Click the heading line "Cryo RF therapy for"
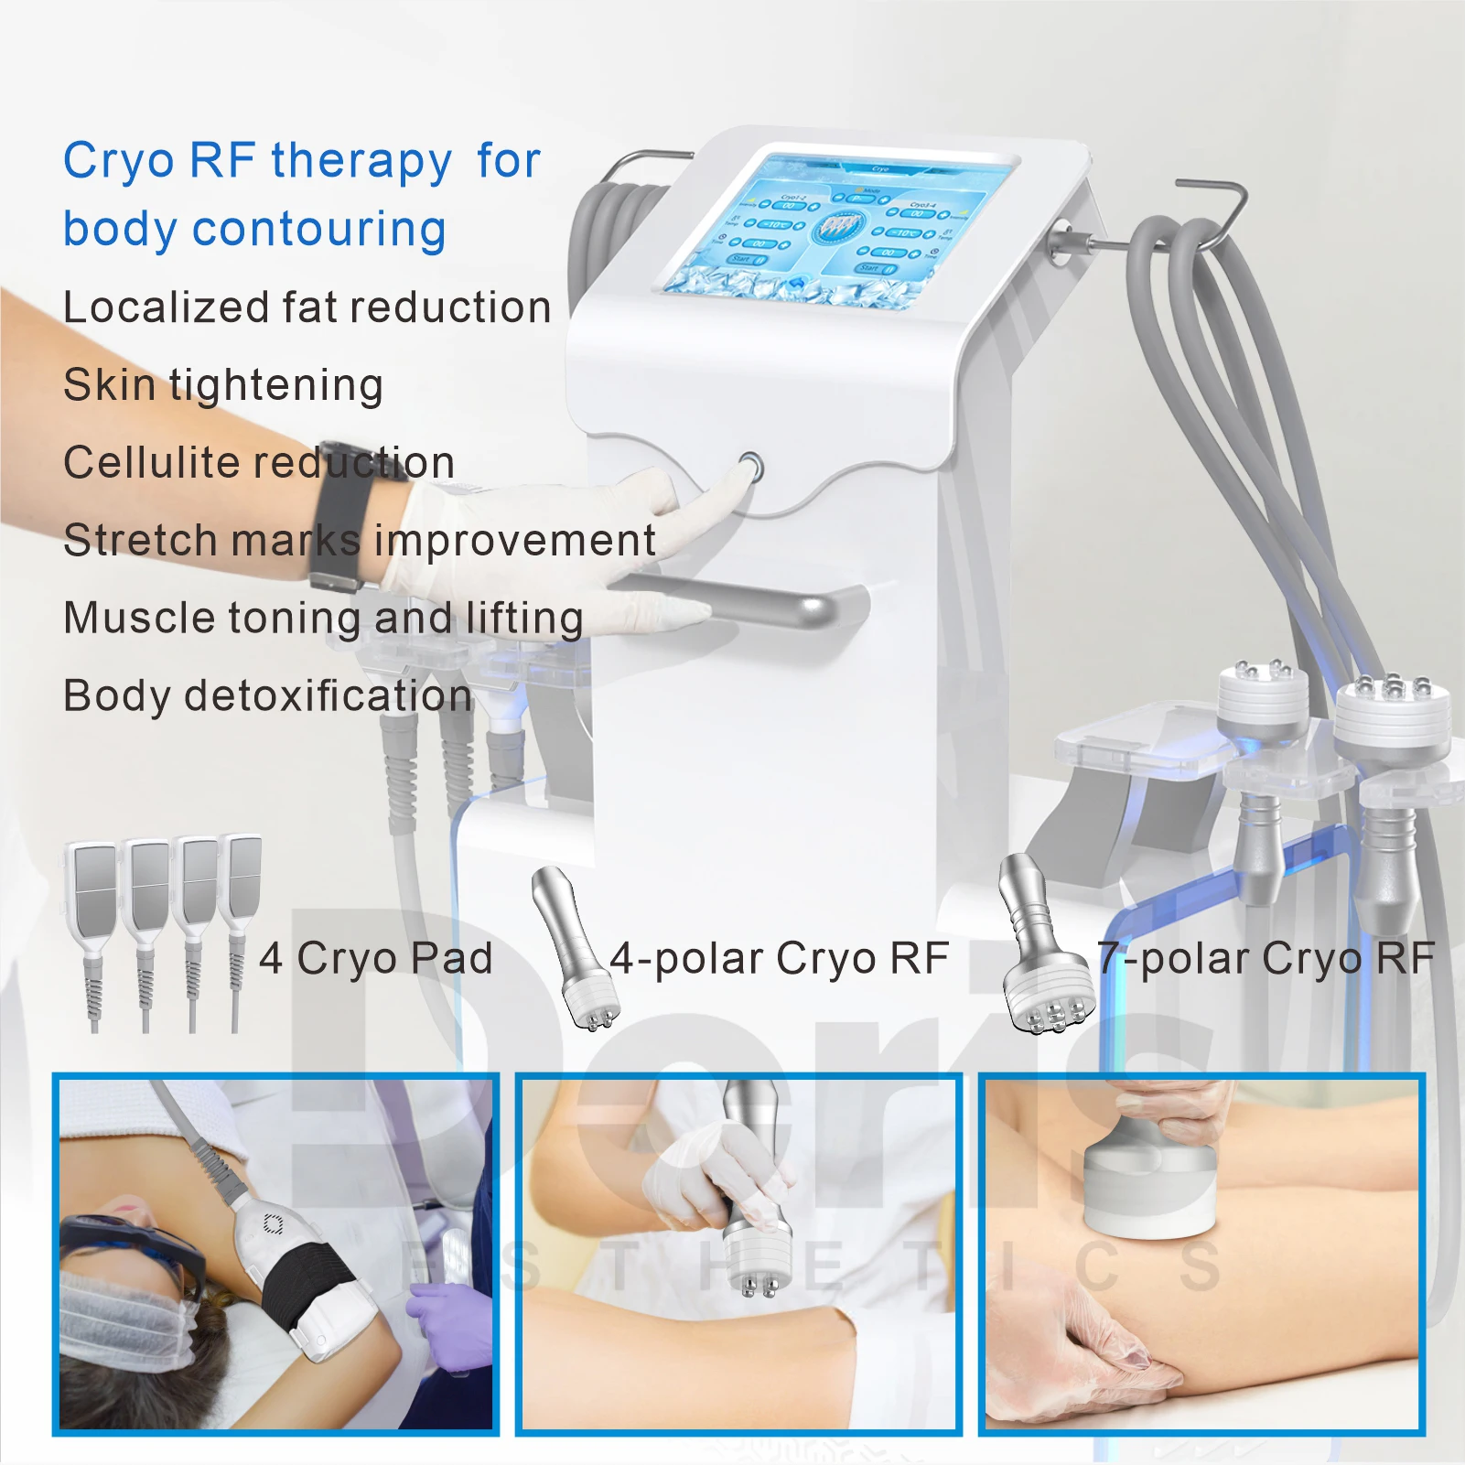[x=302, y=161]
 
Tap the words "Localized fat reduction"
[x=307, y=307]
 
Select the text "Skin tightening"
[x=223, y=385]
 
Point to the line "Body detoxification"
[x=267, y=696]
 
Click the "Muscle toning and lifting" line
[x=323, y=619]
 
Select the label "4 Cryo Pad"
[x=376, y=959]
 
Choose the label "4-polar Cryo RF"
[x=779, y=959]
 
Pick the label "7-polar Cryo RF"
[x=1266, y=959]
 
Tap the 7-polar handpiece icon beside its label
[x=1039, y=947]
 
